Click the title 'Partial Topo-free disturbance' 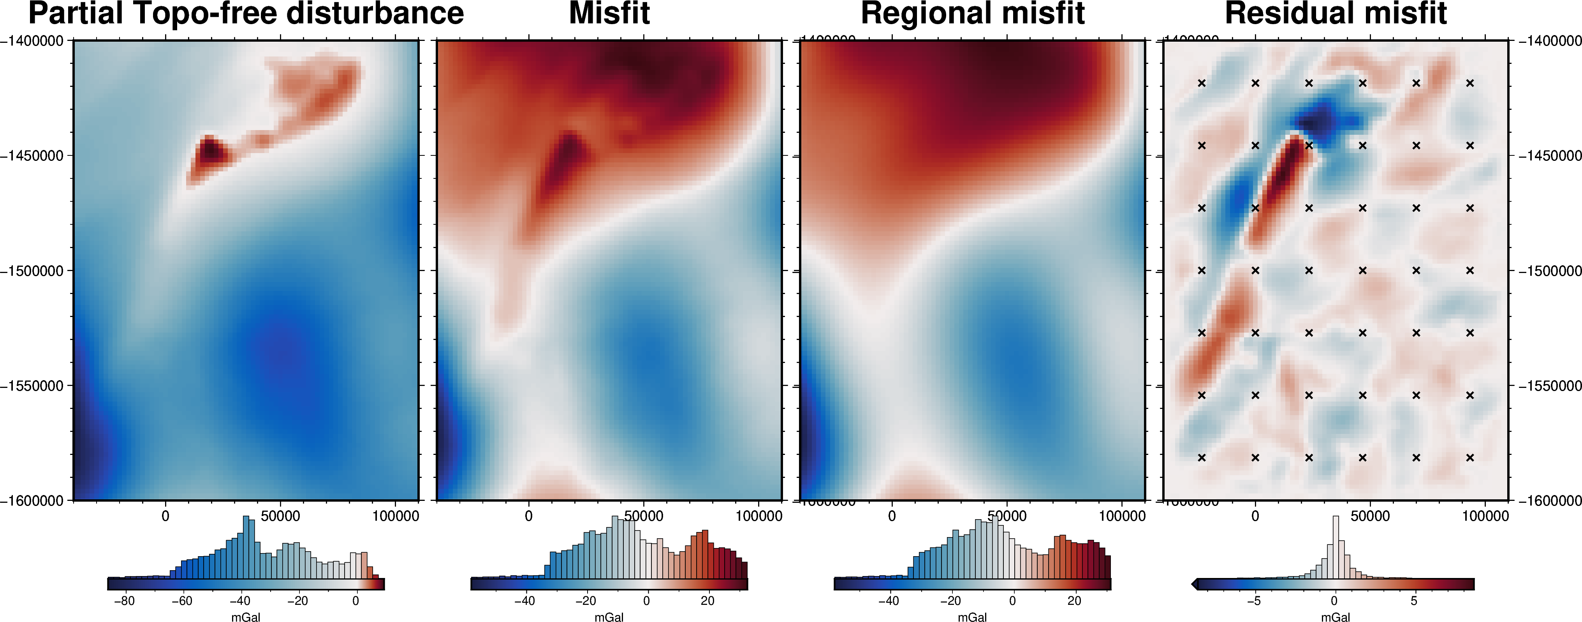pos(246,14)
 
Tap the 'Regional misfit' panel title pos(973,14)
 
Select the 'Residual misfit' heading pos(1336,14)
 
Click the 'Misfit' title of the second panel pos(609,14)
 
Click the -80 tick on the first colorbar pos(124,601)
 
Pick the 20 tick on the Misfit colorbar pos(707,601)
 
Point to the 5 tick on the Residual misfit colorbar pos(1414,601)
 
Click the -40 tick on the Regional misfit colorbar pos(888,601)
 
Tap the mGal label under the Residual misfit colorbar pos(1336,617)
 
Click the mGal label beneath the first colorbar pos(246,617)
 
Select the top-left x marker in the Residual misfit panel pos(1202,83)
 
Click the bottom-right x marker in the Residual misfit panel pos(1469,457)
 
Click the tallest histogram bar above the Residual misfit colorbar pos(1336,546)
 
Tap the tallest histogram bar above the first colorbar pos(246,546)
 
